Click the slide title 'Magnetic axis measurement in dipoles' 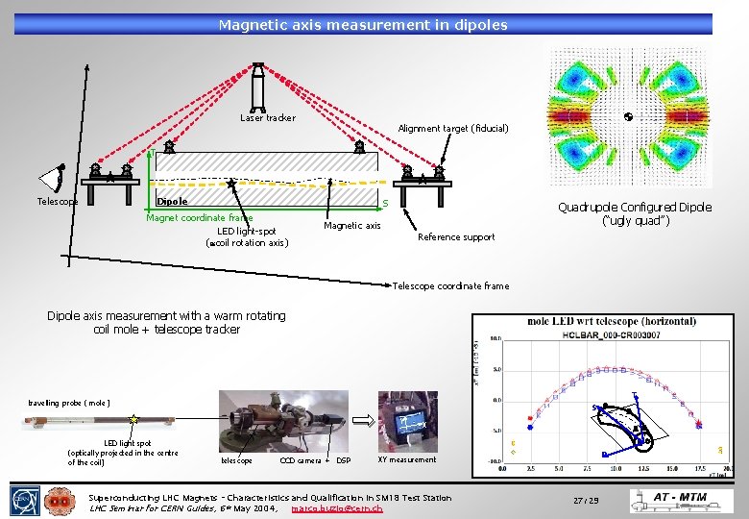coord(363,24)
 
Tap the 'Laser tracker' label coord(268,118)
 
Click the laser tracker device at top coord(257,86)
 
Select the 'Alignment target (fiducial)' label coord(453,128)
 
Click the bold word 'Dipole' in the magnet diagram coord(172,202)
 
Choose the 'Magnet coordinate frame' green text coord(199,218)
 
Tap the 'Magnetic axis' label coord(352,226)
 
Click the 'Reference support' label coord(456,237)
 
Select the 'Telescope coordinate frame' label coord(451,286)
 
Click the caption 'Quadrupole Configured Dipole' coord(635,208)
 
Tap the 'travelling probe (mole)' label coord(69,403)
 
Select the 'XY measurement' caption coord(407,459)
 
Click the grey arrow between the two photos coord(366,419)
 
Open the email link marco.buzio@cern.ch coord(336,507)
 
